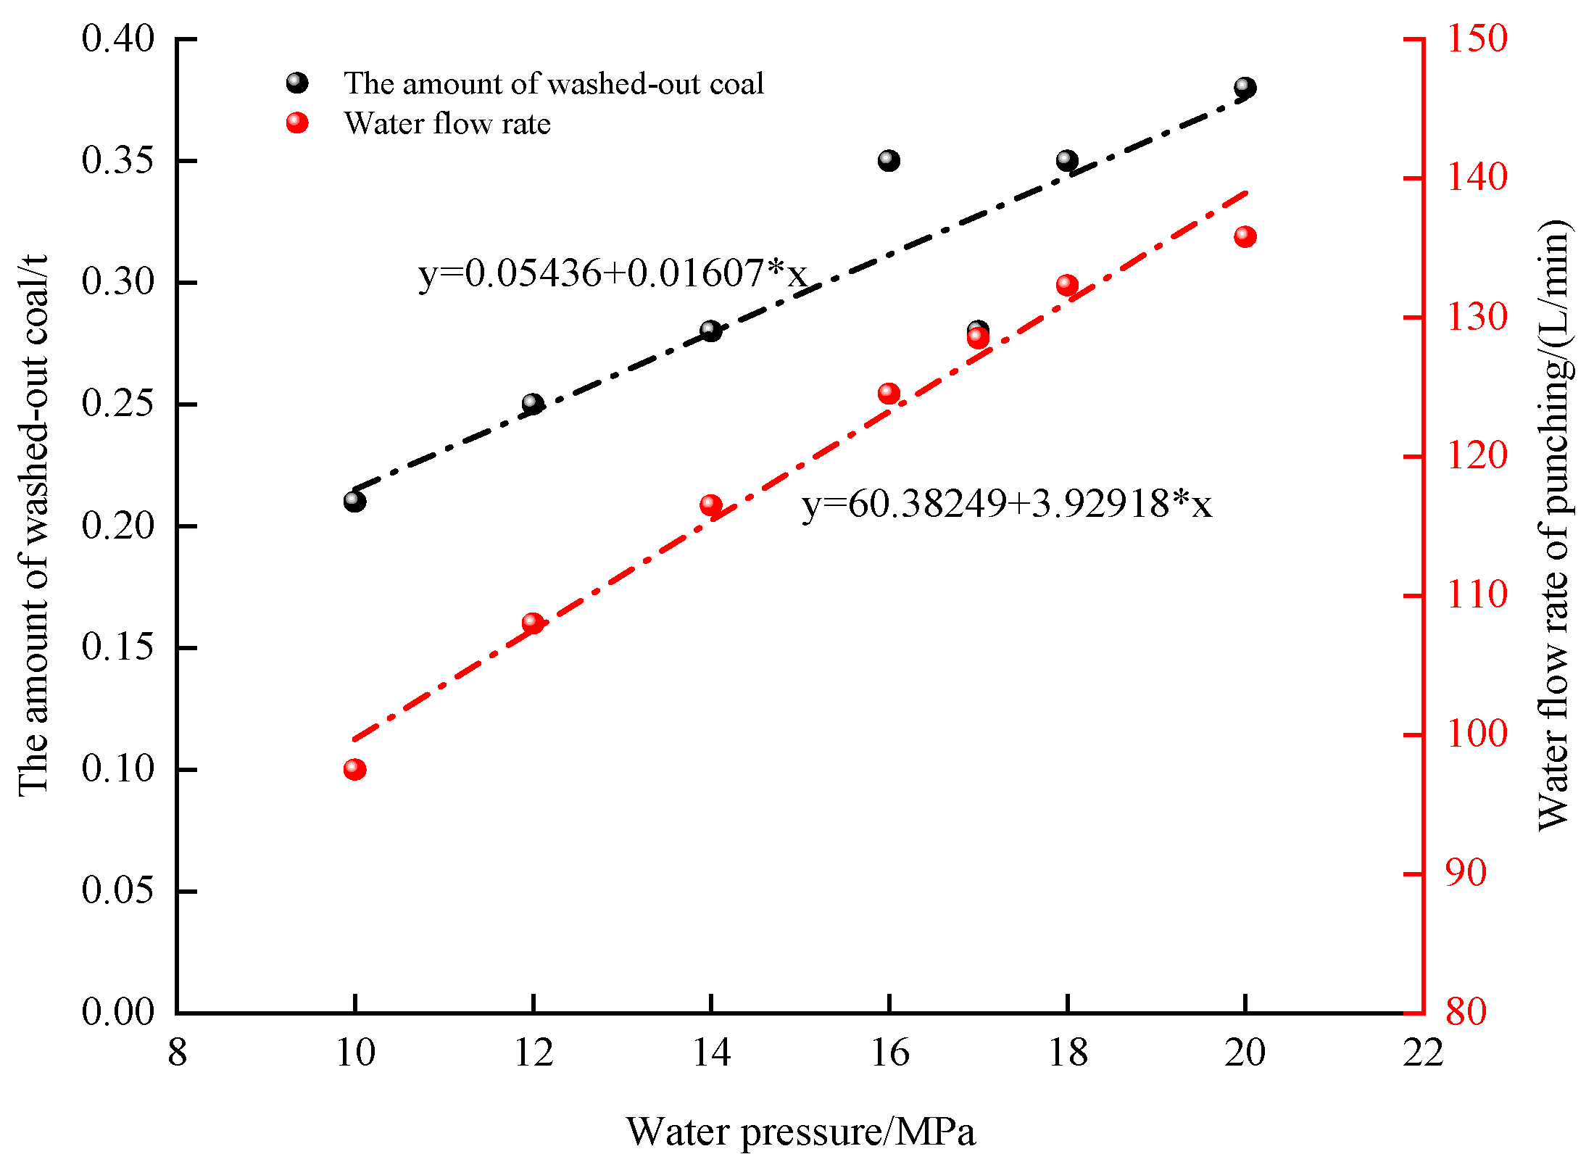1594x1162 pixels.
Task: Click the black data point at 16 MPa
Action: click(889, 160)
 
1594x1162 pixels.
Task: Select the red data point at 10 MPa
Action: click(354, 769)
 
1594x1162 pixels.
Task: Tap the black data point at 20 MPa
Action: click(1245, 88)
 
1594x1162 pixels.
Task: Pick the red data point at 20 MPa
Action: click(1245, 237)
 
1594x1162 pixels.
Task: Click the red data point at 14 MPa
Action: click(711, 505)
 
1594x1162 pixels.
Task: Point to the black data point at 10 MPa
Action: click(354, 501)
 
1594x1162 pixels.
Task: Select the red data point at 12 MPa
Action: click(533, 623)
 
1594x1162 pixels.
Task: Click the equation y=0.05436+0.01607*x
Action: click(613, 274)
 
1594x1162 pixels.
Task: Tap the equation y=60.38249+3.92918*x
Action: click(1006, 504)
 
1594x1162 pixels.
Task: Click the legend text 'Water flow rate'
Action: click(447, 124)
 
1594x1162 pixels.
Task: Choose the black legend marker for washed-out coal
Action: click(297, 83)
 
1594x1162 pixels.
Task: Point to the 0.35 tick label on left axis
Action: click(118, 160)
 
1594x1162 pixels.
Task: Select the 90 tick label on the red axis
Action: click(1466, 873)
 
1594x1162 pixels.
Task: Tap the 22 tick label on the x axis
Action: click(1423, 1053)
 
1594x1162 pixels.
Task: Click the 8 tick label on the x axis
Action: click(178, 1053)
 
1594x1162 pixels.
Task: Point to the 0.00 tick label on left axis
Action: click(118, 1012)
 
